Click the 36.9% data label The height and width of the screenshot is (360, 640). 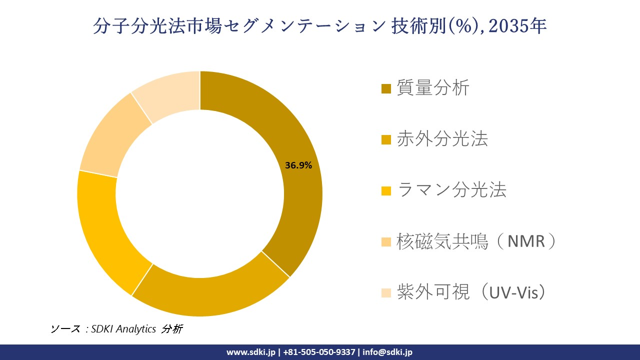(x=298, y=165)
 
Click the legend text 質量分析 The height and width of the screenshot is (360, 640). (x=433, y=88)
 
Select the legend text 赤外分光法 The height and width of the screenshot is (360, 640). (x=442, y=139)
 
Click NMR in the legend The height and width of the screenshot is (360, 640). (x=525, y=241)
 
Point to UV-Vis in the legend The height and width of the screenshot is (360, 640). (x=520, y=292)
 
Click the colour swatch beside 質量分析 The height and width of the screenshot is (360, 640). (x=386, y=89)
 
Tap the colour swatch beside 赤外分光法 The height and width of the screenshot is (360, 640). (x=386, y=140)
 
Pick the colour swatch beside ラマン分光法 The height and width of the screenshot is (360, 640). (x=386, y=191)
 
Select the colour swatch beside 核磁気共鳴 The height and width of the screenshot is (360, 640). (x=386, y=242)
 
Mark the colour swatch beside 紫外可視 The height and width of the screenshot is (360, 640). (x=386, y=293)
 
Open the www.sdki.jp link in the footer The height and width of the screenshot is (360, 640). (x=250, y=352)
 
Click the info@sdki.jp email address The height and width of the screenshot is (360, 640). (x=387, y=352)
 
